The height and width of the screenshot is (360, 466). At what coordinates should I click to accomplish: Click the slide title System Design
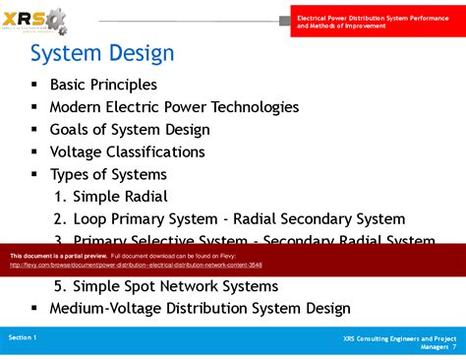point(102,52)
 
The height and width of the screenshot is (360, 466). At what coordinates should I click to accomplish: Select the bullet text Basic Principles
point(103,85)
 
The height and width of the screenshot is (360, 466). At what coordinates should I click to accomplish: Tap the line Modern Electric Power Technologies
point(174,107)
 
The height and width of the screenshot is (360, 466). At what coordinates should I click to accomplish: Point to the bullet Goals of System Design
point(130,130)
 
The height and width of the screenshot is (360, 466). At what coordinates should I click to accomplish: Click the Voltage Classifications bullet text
point(127,152)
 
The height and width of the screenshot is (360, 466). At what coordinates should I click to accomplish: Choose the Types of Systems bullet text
point(108,174)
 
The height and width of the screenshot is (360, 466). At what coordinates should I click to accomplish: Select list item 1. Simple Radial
point(111,197)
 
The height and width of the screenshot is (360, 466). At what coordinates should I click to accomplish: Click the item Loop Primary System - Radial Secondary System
point(229,219)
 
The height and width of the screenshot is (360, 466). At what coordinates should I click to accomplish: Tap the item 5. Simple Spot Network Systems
point(166,286)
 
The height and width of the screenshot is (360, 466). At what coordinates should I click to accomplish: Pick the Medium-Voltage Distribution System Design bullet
point(200,308)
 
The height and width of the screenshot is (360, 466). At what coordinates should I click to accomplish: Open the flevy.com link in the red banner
point(136,265)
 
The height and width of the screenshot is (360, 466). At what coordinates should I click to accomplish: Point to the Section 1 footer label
point(23,337)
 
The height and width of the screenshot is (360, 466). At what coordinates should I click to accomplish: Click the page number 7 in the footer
point(454,346)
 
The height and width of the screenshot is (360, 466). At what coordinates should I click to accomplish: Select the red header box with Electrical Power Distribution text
point(378,18)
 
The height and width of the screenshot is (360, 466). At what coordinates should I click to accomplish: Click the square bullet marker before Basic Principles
point(35,86)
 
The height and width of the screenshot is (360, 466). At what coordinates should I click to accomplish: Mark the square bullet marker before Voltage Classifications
point(35,152)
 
